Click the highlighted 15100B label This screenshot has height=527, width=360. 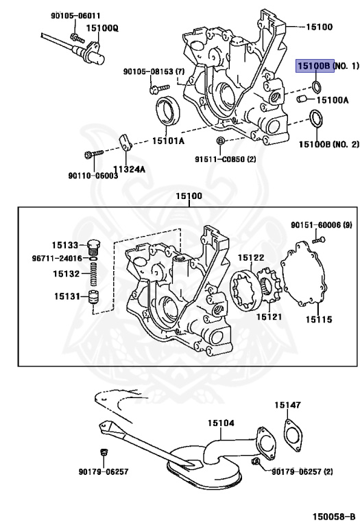(x=315, y=66)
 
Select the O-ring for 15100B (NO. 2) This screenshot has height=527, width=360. (x=317, y=119)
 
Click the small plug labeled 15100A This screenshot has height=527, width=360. (x=300, y=101)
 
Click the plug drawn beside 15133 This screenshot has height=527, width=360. (x=95, y=245)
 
